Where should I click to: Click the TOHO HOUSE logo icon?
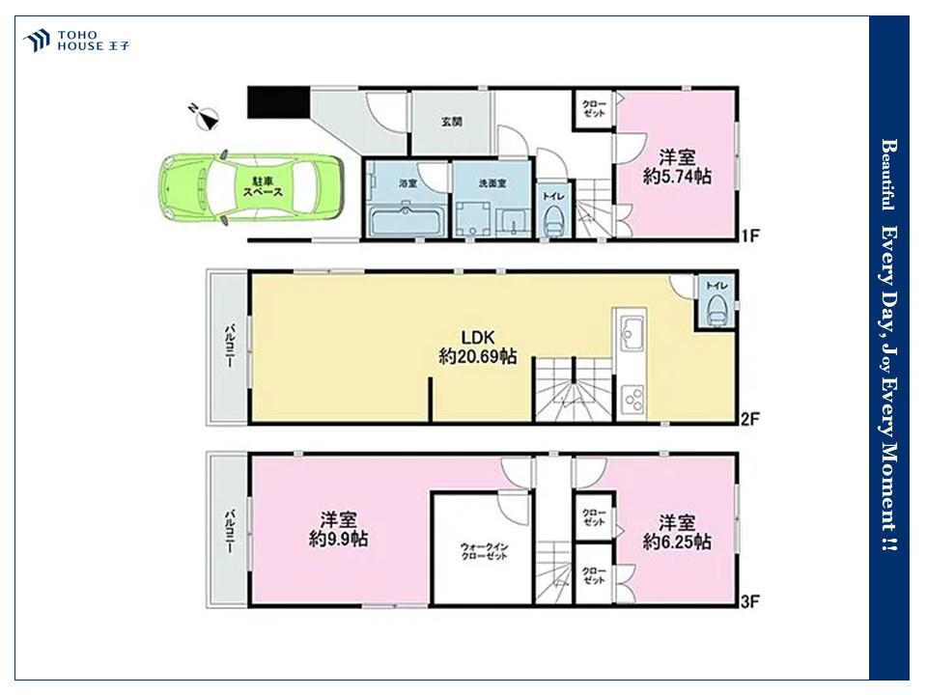[36, 41]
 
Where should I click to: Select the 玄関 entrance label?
[451, 122]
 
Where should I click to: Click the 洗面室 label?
[492, 183]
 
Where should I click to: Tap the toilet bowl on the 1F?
[554, 221]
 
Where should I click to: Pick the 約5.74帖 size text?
[677, 176]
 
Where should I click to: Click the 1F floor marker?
[749, 236]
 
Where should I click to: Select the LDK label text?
[478, 338]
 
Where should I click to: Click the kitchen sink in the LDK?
[631, 331]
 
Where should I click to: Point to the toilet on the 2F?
[716, 310]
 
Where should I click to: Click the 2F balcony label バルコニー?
[229, 347]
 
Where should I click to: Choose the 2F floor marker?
[749, 419]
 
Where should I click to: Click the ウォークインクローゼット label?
[484, 551]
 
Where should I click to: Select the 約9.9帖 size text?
[339, 539]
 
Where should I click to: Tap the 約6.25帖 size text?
[677, 542]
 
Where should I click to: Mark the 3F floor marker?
[749, 602]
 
